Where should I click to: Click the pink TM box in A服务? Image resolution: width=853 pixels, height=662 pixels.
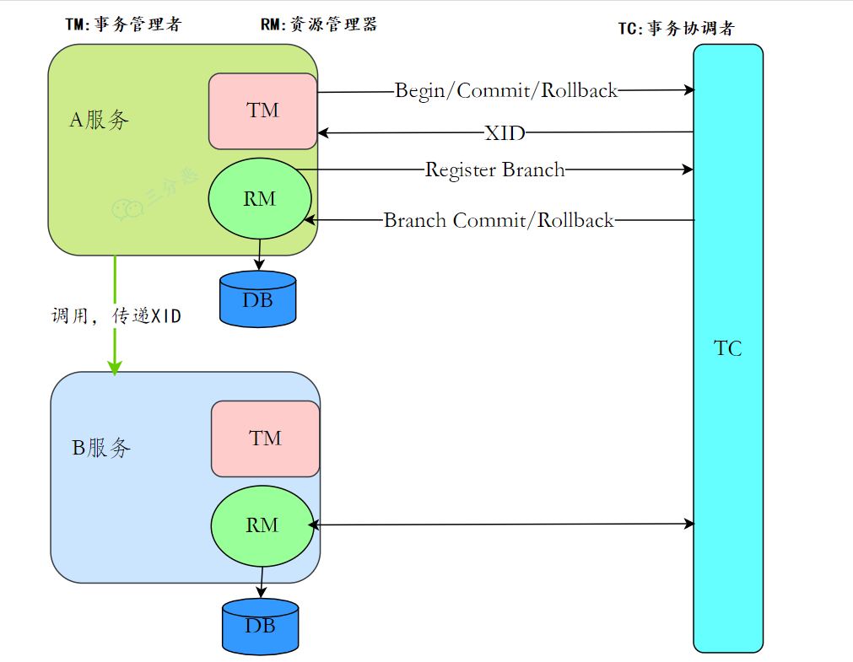[262, 111]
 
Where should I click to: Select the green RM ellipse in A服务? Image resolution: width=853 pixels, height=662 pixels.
[260, 198]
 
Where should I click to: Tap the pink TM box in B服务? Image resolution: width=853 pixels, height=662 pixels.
[266, 439]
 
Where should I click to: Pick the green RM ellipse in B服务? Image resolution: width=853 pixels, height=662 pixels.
[262, 526]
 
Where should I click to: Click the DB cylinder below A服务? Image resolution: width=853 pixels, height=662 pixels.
[258, 299]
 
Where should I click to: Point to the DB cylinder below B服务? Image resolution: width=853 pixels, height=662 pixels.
[261, 627]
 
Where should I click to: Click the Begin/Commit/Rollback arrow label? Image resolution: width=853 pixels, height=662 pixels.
[506, 90]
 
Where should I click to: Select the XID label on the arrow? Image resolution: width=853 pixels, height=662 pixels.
[505, 132]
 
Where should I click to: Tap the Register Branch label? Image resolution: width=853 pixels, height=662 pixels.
[494, 170]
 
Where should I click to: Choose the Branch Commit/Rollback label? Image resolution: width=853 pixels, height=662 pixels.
[499, 220]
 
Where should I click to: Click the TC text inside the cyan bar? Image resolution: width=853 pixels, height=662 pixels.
[728, 348]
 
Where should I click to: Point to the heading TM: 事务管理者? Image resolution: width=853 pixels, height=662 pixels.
[123, 24]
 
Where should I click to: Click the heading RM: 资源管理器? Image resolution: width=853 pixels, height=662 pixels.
[319, 24]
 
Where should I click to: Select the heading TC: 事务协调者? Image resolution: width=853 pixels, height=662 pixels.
[676, 28]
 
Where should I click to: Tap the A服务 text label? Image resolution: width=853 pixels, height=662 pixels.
[99, 120]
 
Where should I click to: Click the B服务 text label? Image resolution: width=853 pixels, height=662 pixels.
[101, 448]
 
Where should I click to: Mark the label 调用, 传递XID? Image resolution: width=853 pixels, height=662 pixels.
[116, 315]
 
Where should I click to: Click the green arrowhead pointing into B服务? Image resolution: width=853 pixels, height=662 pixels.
[115, 368]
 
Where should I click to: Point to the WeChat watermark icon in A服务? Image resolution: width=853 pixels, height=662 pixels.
[127, 209]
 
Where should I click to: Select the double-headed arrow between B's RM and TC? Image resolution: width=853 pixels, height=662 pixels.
[501, 525]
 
